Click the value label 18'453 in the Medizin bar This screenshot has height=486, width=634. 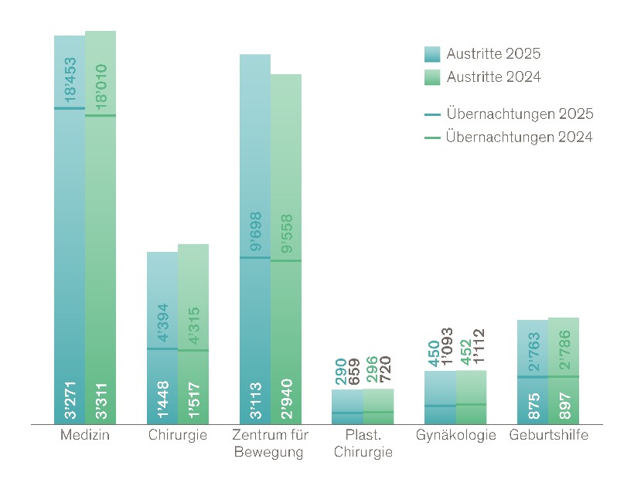[x=70, y=80]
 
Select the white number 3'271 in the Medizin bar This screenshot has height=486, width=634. [x=70, y=403]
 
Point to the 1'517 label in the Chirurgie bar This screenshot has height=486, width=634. [x=194, y=403]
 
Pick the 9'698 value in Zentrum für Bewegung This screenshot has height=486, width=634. [x=256, y=232]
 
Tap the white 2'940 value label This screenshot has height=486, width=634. [x=287, y=403]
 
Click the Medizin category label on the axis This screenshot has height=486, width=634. [x=85, y=435]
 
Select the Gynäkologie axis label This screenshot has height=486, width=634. [x=456, y=435]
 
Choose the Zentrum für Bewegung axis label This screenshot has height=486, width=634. [x=271, y=444]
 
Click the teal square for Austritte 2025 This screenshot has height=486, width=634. [x=432, y=54]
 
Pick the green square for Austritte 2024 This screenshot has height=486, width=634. [x=432, y=76]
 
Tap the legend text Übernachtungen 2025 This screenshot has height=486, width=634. [x=520, y=114]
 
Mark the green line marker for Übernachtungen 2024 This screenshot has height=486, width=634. [x=432, y=138]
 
